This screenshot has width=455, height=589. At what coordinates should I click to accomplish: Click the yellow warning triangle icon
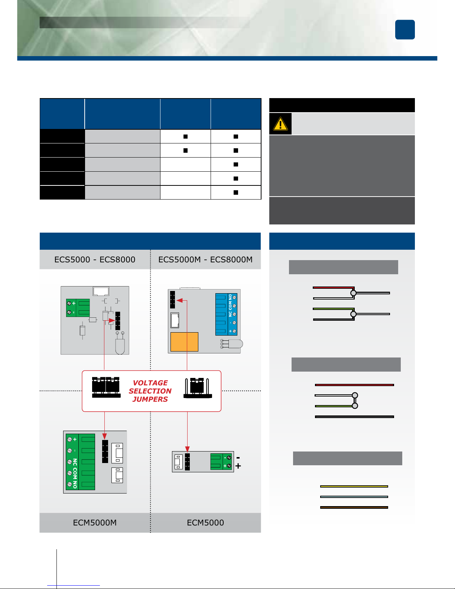[x=280, y=124]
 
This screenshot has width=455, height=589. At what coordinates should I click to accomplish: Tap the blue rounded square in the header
[x=405, y=30]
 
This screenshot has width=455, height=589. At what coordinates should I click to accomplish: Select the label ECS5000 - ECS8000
[x=95, y=259]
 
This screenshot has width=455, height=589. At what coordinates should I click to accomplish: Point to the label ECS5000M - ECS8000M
[x=205, y=259]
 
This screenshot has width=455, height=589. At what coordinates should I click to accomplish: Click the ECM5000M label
[x=95, y=522]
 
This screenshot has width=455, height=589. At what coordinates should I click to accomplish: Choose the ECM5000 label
[x=205, y=522]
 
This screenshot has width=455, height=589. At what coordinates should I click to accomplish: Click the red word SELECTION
[x=150, y=391]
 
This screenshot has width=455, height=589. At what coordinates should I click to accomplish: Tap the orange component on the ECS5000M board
[x=184, y=342]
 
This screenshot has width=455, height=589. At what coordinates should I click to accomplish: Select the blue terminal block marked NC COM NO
[x=226, y=314]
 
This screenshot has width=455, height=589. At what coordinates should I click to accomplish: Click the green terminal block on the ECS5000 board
[x=78, y=308]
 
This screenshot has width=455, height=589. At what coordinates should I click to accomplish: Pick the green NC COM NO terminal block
[x=80, y=462]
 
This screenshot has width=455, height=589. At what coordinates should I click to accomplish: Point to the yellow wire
[x=354, y=486]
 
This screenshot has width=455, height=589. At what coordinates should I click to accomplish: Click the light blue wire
[x=354, y=496]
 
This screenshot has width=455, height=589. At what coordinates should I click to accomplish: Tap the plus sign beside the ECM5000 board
[x=238, y=466]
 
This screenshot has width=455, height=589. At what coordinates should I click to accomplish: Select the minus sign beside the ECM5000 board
[x=238, y=457]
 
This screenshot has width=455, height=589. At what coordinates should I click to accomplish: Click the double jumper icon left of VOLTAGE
[x=106, y=387]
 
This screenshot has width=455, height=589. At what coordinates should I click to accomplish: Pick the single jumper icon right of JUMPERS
[x=198, y=388]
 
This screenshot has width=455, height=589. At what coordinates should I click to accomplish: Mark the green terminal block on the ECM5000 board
[x=221, y=462]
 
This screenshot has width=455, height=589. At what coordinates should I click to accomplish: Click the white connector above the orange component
[x=175, y=320]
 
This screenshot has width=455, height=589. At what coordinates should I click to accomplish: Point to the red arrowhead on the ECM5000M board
[x=105, y=436]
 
